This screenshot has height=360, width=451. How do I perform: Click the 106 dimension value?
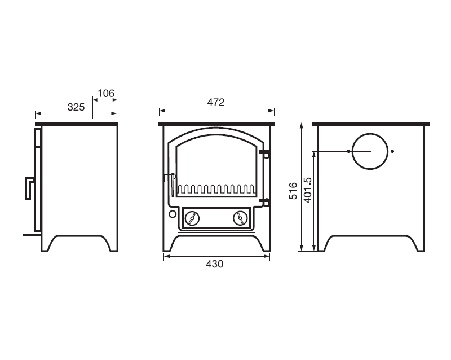click(106, 93)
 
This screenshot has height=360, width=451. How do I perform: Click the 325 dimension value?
click(76, 107)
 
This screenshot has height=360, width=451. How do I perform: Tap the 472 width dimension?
click(216, 102)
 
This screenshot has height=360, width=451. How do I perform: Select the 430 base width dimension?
click(215, 264)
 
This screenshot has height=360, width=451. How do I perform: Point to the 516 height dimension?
click(293, 191)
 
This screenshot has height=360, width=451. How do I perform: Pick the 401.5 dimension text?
click(307, 190)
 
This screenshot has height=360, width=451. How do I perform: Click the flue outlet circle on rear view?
click(370, 134)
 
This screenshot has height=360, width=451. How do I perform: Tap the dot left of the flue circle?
click(348, 151)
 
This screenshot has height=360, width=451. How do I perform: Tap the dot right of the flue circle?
click(392, 151)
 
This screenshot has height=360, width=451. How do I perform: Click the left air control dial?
click(192, 218)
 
